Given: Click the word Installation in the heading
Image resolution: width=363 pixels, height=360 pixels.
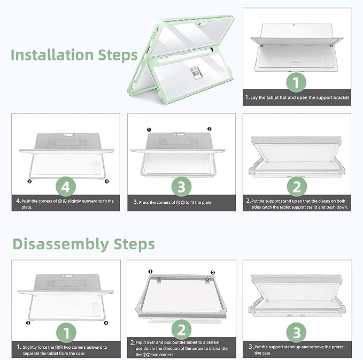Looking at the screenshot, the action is pyautogui.click(x=52, y=55).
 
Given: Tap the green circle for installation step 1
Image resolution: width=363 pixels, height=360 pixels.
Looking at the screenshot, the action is pyautogui.click(x=296, y=82).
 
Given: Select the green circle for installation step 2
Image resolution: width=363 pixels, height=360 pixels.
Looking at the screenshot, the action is pyautogui.click(x=297, y=187).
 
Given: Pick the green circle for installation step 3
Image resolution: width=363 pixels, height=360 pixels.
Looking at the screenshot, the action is pyautogui.click(x=181, y=187).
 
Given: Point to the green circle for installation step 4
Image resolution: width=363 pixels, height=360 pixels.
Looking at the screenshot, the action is pyautogui.click(x=66, y=187).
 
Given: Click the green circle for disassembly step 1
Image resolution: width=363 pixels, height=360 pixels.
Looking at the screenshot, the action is pyautogui.click(x=66, y=333).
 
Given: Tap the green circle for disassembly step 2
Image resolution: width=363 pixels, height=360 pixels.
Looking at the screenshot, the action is pyautogui.click(x=182, y=330).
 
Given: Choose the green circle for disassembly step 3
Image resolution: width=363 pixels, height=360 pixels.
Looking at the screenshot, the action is pyautogui.click(x=296, y=333).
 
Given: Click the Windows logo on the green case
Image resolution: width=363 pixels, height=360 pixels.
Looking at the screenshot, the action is pyautogui.click(x=196, y=72).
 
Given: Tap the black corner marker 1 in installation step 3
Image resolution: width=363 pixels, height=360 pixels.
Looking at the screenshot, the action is pyautogui.click(x=149, y=130).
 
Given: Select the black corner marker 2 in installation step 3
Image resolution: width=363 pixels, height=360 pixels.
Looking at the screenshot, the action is pyautogui.click(x=209, y=129).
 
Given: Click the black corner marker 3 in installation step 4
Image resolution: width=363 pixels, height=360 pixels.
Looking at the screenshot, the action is pyautogui.click(x=29, y=181).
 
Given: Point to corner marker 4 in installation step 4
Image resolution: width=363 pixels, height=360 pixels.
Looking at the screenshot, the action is pyautogui.click(x=107, y=181).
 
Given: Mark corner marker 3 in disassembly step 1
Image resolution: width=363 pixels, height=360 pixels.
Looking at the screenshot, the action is pyautogui.click(x=28, y=323).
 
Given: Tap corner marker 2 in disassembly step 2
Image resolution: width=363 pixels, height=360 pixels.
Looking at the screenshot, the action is pyautogui.click(x=213, y=272).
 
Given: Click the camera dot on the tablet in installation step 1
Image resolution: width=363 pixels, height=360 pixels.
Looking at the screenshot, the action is pyautogui.click(x=294, y=25).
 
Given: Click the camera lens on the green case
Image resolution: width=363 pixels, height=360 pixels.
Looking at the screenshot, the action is pyautogui.click(x=199, y=24).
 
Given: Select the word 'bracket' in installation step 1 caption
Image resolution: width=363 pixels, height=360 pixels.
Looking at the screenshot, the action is pyautogui.click(x=342, y=97).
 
